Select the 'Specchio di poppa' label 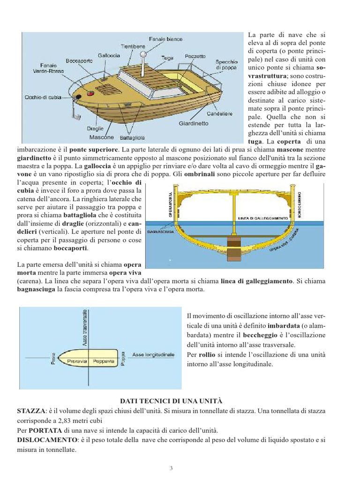[x=226, y=65]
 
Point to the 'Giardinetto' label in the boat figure [x=193, y=124]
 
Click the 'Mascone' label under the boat [x=102, y=137]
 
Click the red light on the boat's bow [x=91, y=94]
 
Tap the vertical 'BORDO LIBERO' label [x=300, y=205]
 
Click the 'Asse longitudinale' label [x=153, y=354]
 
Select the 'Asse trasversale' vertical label [x=85, y=328]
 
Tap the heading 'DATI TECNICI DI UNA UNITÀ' [x=171, y=401]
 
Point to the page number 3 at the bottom [x=171, y=468]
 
